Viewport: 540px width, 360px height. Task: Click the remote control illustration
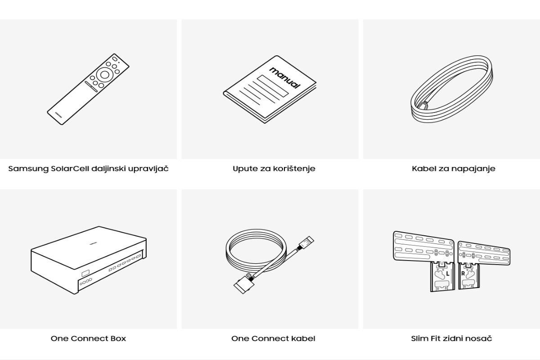click(88, 89)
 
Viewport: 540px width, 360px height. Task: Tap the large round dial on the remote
click(104, 75)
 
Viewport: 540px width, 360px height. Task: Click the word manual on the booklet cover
click(285, 78)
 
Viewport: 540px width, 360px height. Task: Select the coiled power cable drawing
click(452, 89)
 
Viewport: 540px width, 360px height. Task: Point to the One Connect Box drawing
click(89, 260)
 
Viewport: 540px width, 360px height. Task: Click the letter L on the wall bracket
click(448, 274)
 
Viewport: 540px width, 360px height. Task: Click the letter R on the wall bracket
click(463, 274)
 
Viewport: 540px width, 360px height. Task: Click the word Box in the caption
click(118, 338)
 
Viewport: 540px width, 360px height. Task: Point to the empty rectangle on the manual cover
click(273, 86)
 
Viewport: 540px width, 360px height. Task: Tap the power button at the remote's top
click(115, 59)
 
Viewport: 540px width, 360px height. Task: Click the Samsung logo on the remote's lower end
click(58, 115)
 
